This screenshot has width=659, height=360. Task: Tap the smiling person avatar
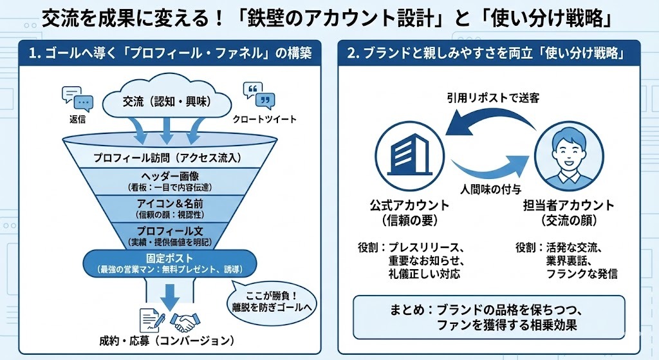(x=569, y=155)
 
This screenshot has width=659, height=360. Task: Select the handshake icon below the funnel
(x=185, y=319)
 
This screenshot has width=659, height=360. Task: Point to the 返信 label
(x=77, y=120)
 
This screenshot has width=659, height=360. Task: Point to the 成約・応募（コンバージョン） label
(x=167, y=340)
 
